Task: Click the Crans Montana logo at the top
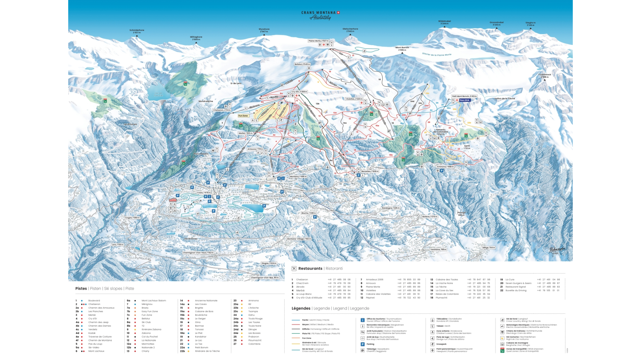(x=320, y=15)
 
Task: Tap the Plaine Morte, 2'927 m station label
(x=318, y=41)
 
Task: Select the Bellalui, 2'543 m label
(x=302, y=64)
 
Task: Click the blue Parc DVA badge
(x=464, y=100)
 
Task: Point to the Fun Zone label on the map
(x=243, y=116)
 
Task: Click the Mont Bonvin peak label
(x=402, y=49)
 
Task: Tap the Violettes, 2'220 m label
(x=354, y=99)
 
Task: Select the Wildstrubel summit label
(x=444, y=22)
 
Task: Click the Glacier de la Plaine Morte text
(x=436, y=54)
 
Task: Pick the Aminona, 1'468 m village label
(x=445, y=166)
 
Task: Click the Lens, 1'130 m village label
(x=118, y=245)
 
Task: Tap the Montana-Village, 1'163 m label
(x=299, y=239)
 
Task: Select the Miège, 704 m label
(x=489, y=248)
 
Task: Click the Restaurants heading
(x=310, y=268)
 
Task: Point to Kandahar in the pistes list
(x=201, y=337)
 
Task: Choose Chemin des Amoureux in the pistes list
(x=101, y=308)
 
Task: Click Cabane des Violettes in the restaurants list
(x=378, y=294)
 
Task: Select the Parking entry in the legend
(x=370, y=344)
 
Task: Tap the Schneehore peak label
(x=137, y=31)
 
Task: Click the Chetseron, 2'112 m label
(x=222, y=110)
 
